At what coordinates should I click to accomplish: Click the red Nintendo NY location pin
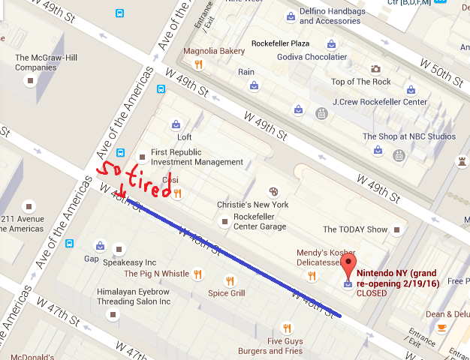pos(348,265)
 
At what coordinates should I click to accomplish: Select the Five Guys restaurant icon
pos(287,328)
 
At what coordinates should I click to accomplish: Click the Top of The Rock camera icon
pos(375,69)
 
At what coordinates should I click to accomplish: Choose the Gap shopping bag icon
pos(100,245)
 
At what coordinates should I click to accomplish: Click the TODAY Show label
pos(355,229)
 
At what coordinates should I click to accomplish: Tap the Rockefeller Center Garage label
pos(260,221)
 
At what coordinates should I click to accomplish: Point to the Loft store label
pos(184,137)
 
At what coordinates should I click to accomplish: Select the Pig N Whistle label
pos(156,274)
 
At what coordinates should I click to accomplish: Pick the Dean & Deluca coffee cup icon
pos(441,328)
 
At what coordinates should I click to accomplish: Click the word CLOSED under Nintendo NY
pos(372,293)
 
